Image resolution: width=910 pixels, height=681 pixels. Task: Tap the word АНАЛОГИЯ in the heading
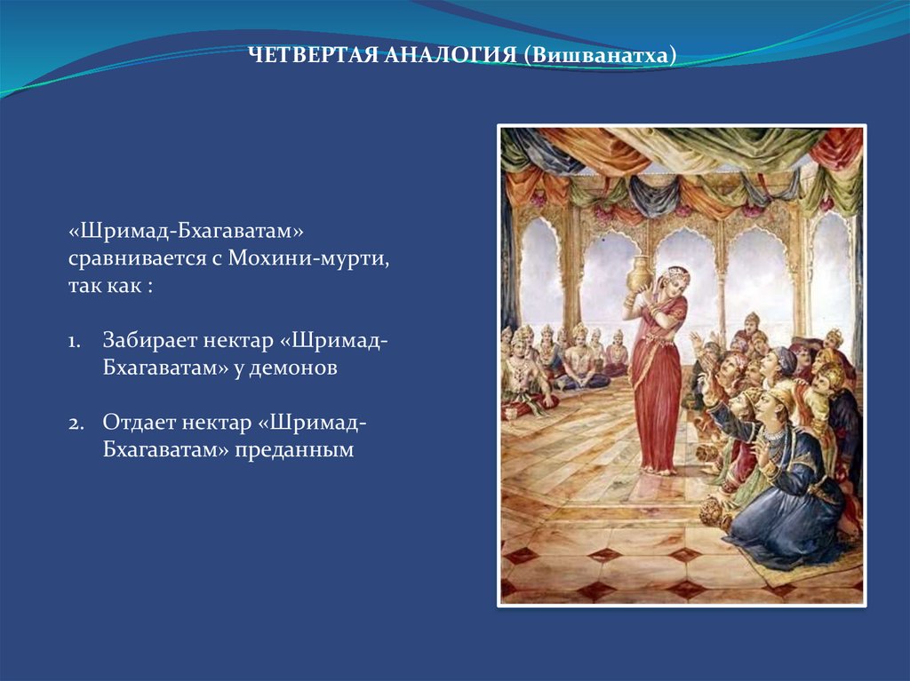coord(451,55)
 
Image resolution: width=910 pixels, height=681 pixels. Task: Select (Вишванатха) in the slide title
coord(600,56)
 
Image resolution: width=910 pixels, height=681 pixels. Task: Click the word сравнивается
coord(137,258)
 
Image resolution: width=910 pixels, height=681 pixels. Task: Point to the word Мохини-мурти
coord(308,257)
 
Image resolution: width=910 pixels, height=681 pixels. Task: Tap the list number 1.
coord(75,342)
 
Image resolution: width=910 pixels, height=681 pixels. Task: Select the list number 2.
coord(76,424)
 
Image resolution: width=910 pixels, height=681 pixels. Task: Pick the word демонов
coord(293,368)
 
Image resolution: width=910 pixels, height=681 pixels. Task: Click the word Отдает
coord(137,423)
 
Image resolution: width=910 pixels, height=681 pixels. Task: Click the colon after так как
coord(149,287)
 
